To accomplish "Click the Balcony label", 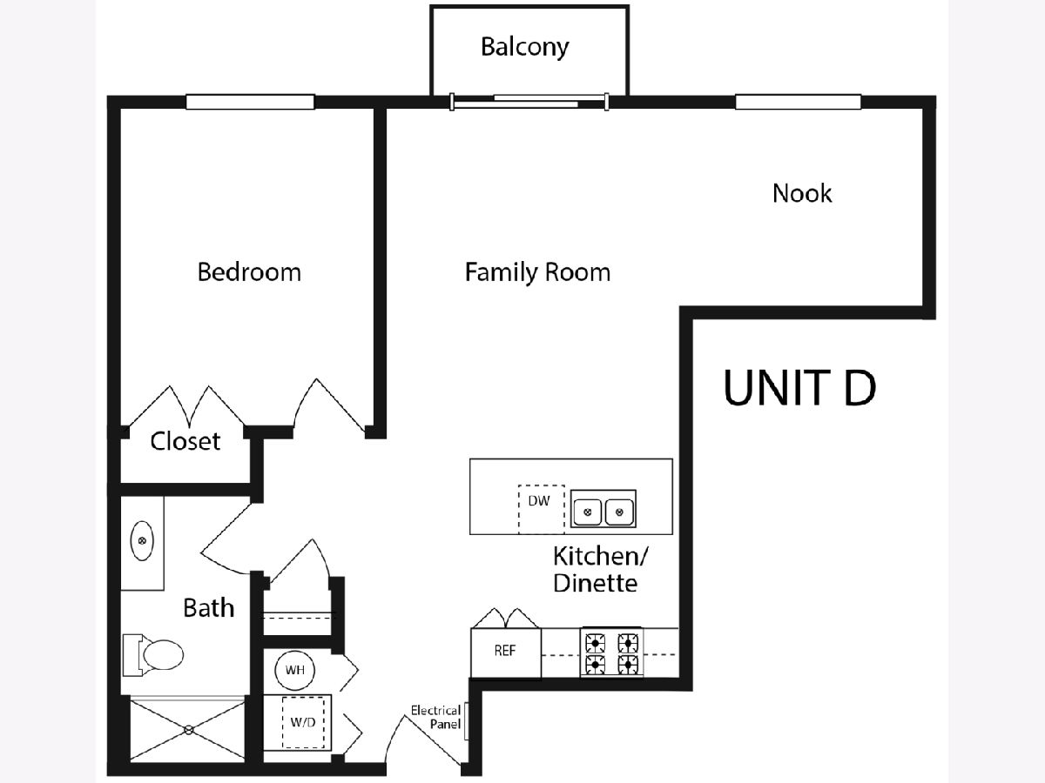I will tap(524, 46).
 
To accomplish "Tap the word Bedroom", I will tap(249, 271).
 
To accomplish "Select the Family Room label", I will tap(537, 272).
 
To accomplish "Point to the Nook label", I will tap(802, 192).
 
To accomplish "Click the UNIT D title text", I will tap(799, 388).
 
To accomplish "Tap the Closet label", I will tap(185, 441).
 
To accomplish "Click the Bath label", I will tap(209, 607).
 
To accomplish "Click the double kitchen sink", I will tap(603, 510).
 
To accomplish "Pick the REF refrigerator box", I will tap(505, 652).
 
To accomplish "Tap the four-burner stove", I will tap(612, 653).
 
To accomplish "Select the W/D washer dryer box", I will tap(304, 721).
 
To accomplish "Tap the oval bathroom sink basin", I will tap(142, 543).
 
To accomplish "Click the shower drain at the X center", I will tap(186, 732).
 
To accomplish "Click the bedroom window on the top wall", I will tap(250, 102).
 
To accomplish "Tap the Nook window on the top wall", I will tap(798, 102).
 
